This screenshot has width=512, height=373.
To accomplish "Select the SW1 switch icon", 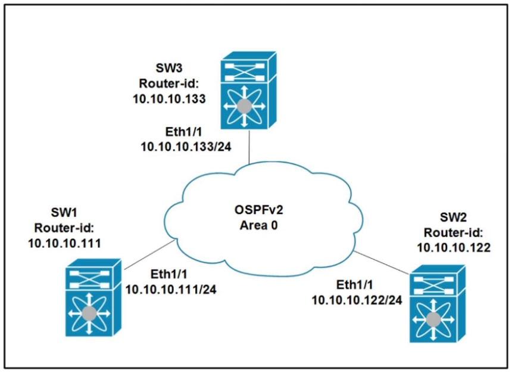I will point(90,296).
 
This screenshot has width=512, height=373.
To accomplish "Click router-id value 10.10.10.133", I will point(170,99).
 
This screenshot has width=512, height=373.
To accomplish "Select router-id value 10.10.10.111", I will point(64,243).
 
